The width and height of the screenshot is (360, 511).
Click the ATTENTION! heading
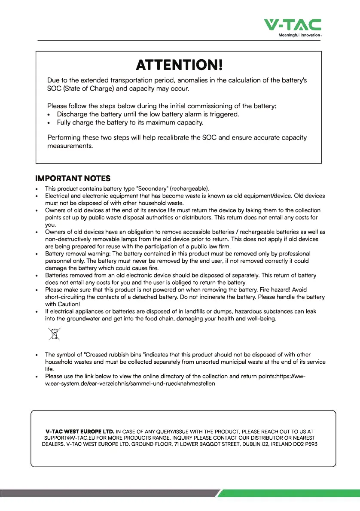tap(179, 65)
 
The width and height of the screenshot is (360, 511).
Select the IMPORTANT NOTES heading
tap(73, 178)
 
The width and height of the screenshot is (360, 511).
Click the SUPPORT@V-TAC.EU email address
tap(69, 438)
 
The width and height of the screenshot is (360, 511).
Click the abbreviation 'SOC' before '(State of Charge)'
tap(55, 89)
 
